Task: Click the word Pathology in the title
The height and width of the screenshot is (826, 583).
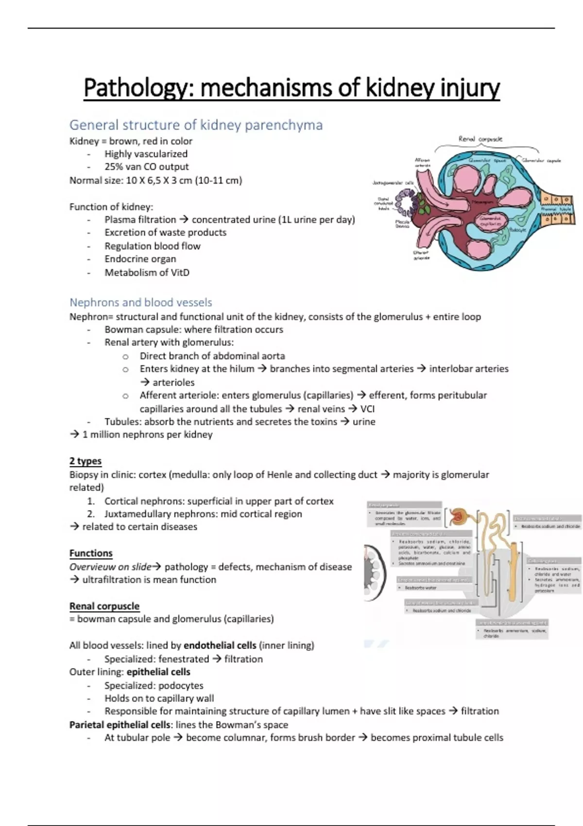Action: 138,88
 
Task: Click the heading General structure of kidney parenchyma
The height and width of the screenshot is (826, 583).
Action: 196,125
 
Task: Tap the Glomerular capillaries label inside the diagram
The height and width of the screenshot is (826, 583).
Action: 490,222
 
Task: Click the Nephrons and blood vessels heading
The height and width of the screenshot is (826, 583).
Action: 141,302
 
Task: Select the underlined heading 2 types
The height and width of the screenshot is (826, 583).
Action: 86,461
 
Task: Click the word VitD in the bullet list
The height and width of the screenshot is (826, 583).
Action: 180,272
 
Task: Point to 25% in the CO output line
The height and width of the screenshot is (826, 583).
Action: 113,167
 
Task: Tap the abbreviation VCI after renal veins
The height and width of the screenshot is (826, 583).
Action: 367,409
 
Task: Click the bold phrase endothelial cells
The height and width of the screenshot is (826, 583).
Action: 220,645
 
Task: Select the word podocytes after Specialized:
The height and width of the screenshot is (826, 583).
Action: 181,685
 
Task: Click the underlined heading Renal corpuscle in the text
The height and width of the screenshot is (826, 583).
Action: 104,606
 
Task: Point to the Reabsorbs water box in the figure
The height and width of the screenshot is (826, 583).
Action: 420,587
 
